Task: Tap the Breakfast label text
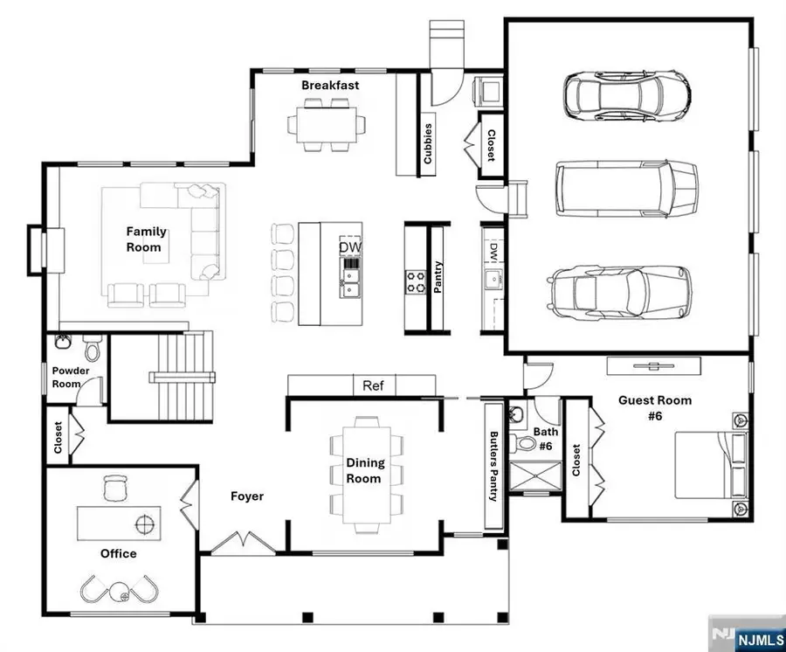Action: (330, 85)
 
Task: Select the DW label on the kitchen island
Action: (350, 247)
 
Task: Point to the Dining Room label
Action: (364, 471)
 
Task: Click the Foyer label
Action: (247, 496)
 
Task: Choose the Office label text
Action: (118, 553)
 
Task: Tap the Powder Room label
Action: (71, 377)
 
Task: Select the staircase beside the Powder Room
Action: (181, 376)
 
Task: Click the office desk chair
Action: (115, 488)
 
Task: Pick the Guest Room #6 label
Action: (655, 407)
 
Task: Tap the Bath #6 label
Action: (545, 438)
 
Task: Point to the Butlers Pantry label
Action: (493, 466)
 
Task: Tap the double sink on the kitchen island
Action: (352, 282)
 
